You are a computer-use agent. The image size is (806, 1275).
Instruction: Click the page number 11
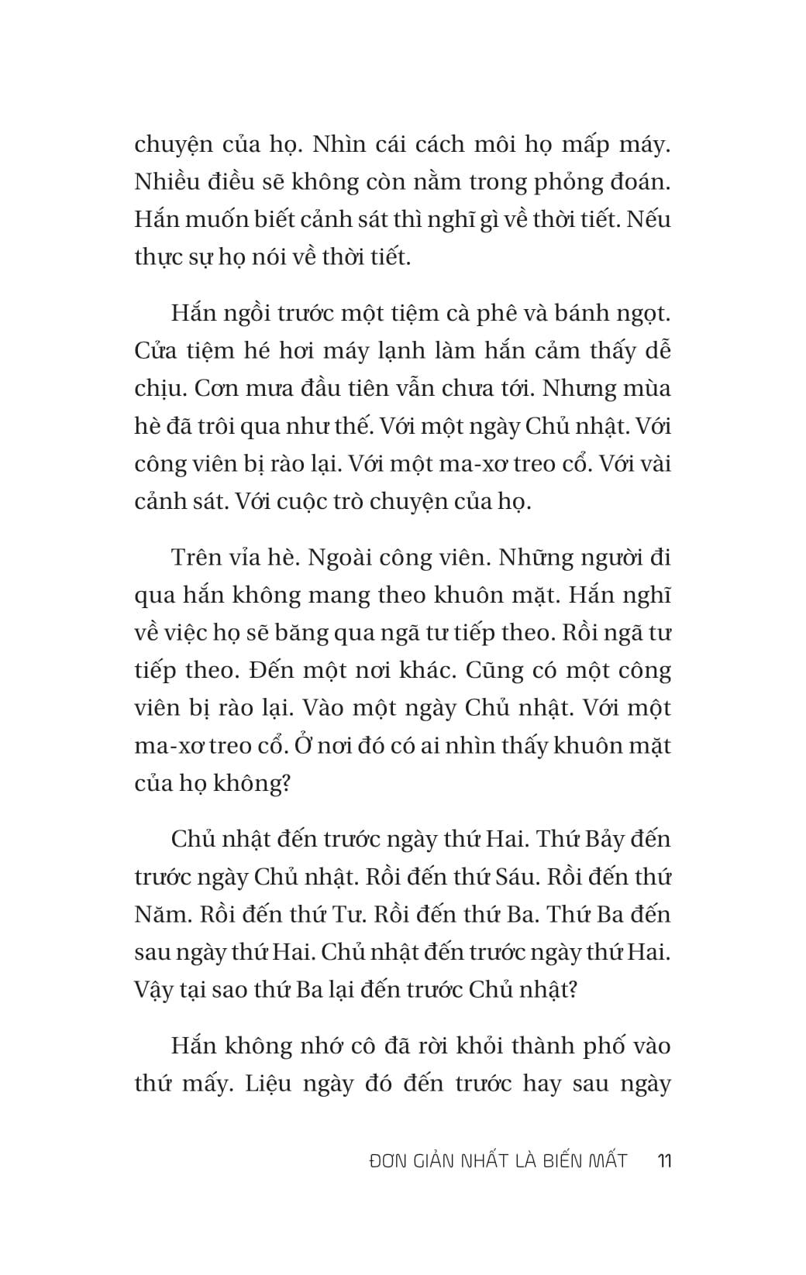point(663,1160)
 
